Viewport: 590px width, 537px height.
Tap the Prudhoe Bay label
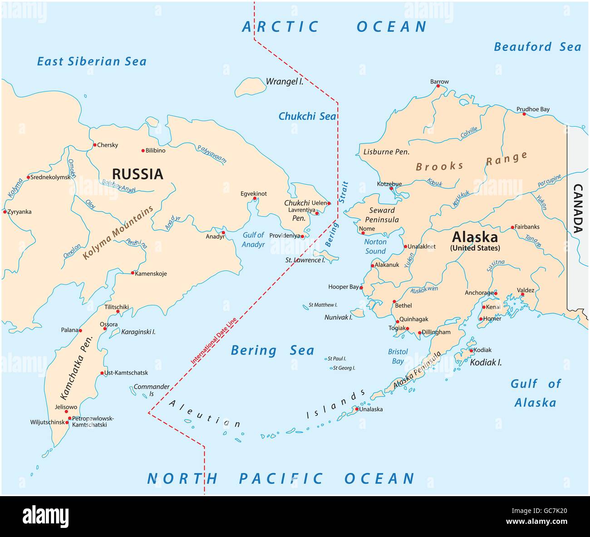pos(533,109)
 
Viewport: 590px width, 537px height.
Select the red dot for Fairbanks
pos(512,227)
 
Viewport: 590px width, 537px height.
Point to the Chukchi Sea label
pos(307,116)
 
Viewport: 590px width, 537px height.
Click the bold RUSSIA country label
pos(137,174)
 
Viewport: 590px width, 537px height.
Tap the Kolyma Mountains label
pos(118,233)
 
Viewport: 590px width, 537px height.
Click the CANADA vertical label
pos(578,208)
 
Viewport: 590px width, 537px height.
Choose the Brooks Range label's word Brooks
pos(439,166)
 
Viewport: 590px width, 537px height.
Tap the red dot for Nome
pos(363,233)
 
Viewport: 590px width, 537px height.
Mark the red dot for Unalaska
pos(357,409)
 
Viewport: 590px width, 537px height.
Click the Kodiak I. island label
pos(486,362)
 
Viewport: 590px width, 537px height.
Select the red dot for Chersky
pos(95,145)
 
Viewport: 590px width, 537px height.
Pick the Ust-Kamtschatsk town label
pos(126,373)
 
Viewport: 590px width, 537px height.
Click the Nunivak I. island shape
pos(358,313)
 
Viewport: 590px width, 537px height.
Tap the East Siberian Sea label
pos(92,61)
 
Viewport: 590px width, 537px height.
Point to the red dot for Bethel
pos(394,301)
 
